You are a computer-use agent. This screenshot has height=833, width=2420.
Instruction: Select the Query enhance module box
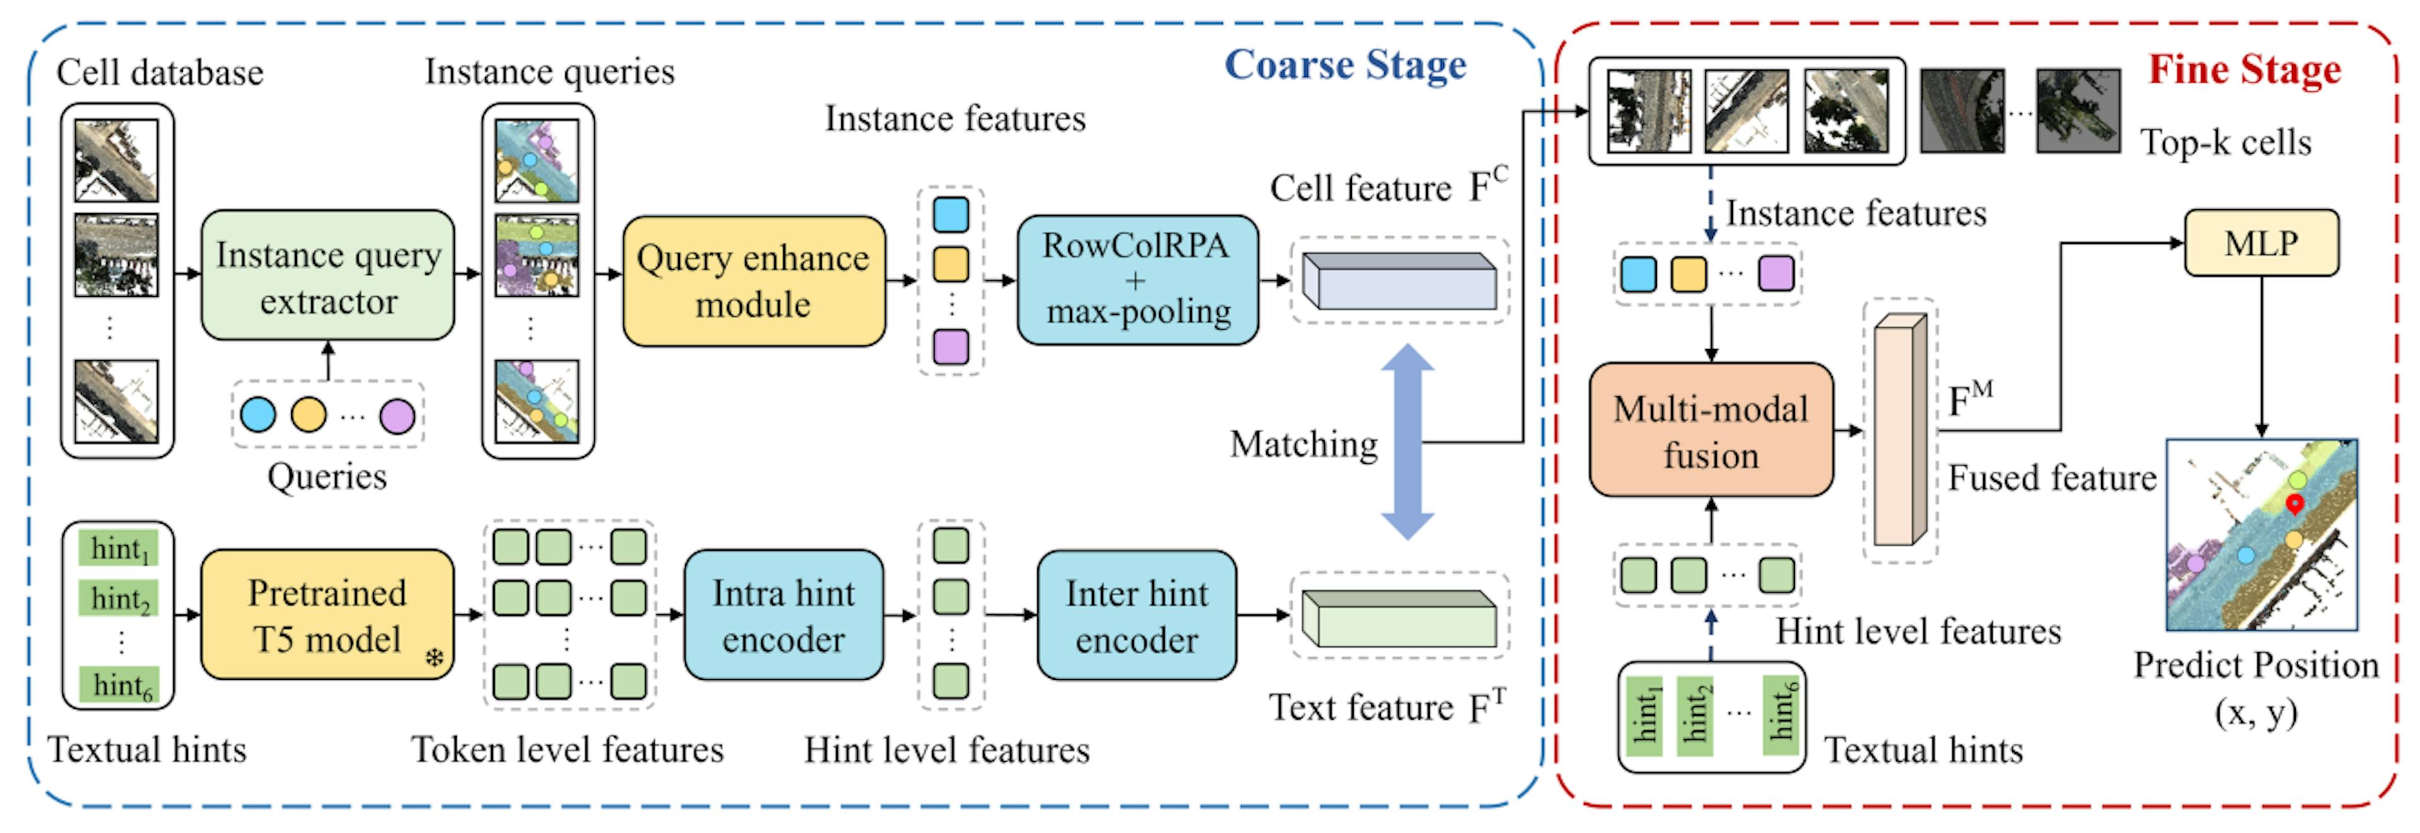coord(754,281)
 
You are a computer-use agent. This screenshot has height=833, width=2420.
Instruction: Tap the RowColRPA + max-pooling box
coord(1137,279)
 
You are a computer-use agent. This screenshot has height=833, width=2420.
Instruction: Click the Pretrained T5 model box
coord(327,615)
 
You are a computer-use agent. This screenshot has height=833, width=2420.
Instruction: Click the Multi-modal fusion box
coord(1711,431)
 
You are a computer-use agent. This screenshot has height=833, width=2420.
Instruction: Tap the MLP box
coord(2261,243)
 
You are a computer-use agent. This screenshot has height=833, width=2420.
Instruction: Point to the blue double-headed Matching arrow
coord(1407,441)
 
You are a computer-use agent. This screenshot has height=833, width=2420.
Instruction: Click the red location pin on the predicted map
coord(2294,504)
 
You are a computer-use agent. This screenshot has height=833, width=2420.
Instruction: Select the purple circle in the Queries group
coord(396,416)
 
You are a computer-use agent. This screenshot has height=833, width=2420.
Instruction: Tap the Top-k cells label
coord(2225,143)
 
